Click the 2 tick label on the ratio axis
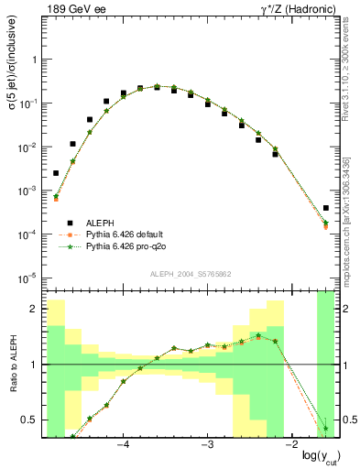pyautogui.click(x=35, y=309)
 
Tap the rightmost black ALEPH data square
pyautogui.click(x=326, y=208)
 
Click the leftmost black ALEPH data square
pyautogui.click(x=56, y=173)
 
